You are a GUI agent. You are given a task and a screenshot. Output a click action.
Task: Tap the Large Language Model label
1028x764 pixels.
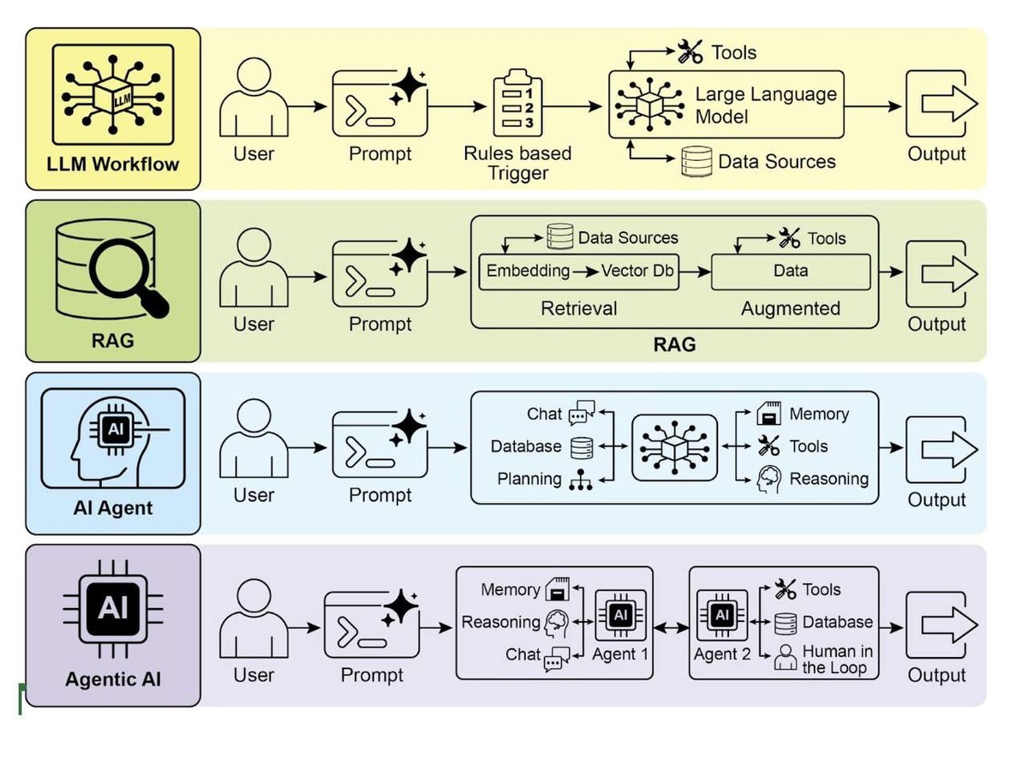(x=765, y=105)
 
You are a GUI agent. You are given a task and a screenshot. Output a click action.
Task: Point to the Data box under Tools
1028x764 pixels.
(x=790, y=271)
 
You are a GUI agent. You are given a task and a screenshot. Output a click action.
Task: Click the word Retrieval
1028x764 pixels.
(x=578, y=308)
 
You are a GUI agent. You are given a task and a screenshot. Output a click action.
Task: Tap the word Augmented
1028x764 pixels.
(x=790, y=308)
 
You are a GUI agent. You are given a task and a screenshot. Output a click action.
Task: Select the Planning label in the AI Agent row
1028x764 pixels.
(x=529, y=479)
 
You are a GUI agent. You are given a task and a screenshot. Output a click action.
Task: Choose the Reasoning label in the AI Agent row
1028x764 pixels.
(x=828, y=479)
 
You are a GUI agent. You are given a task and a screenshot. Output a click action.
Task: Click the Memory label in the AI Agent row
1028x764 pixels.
(x=819, y=415)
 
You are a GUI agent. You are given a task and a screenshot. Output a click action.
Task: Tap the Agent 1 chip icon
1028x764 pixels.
(x=620, y=615)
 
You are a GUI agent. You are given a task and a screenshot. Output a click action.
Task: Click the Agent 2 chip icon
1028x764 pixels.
(x=721, y=615)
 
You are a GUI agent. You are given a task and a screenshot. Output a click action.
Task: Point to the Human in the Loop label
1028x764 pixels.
(x=837, y=660)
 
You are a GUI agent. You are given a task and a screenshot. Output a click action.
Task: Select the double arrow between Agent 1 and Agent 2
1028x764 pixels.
(x=671, y=627)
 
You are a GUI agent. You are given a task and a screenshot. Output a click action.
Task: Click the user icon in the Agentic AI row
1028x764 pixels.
(x=254, y=619)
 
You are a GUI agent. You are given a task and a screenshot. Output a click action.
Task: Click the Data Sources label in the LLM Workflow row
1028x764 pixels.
(x=776, y=162)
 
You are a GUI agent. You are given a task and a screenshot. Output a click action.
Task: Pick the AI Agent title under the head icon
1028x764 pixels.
(x=112, y=508)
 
